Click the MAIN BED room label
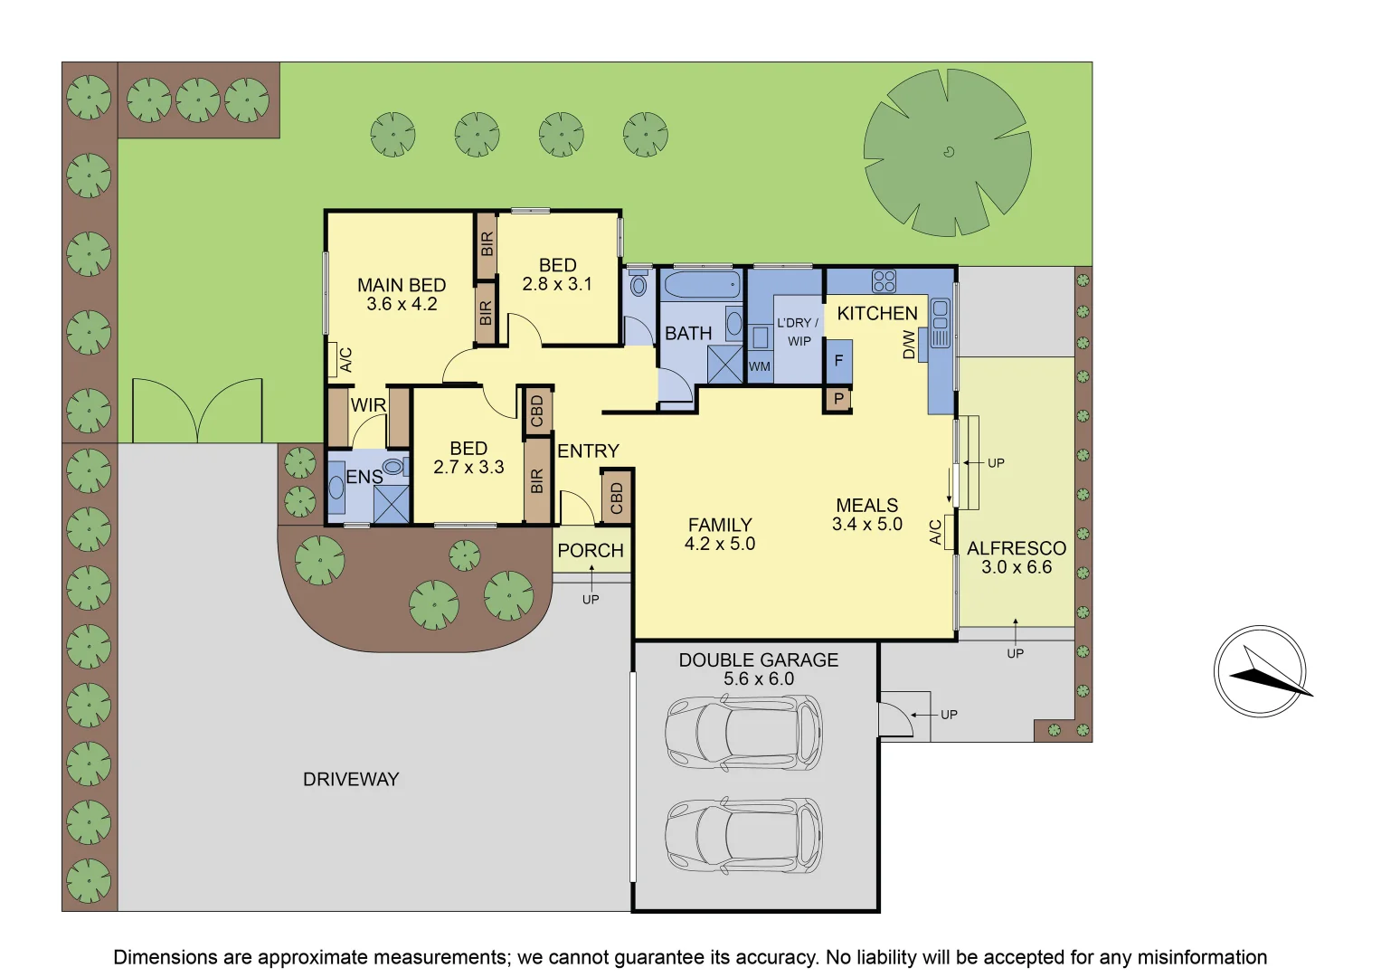(x=402, y=285)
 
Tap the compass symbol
(x=1260, y=671)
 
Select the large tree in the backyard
(x=947, y=152)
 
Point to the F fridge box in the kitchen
(x=838, y=361)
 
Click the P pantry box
(x=838, y=399)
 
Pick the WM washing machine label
(x=760, y=366)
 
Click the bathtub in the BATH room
(x=702, y=285)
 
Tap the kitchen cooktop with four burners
(x=884, y=280)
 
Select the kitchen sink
(x=940, y=323)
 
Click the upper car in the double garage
(x=743, y=732)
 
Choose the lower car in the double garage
(x=743, y=835)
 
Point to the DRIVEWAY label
(x=351, y=779)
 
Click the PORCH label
(x=591, y=550)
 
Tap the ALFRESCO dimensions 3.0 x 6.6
(x=1017, y=567)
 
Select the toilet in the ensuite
(x=393, y=467)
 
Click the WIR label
(x=368, y=405)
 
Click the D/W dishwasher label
(x=909, y=344)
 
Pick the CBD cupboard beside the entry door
(x=617, y=498)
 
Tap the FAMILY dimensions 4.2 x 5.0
(x=720, y=544)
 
